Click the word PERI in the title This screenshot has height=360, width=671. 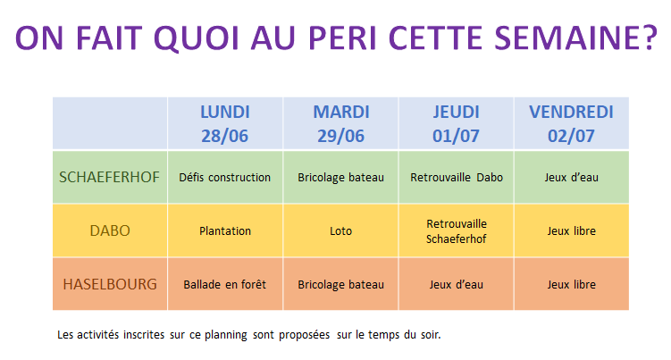click(342, 38)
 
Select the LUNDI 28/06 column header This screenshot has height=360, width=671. click(225, 123)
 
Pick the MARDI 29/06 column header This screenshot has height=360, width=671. click(341, 123)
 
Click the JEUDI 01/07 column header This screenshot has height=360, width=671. click(457, 123)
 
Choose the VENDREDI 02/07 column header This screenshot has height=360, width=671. click(571, 123)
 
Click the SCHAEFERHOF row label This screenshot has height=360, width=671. click(109, 177)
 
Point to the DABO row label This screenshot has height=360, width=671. click(110, 230)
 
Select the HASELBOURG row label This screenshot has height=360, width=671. click(110, 284)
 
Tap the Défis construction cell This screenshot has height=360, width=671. click(224, 177)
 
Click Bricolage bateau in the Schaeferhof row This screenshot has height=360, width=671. click(340, 177)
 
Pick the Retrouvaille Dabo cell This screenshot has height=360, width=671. click(457, 177)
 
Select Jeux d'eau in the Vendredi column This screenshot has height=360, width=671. click(571, 177)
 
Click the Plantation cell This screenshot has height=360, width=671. click(225, 230)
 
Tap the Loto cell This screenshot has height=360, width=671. click(341, 230)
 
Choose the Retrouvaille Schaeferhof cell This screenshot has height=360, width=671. click(457, 231)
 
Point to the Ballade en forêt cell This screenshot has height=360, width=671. click(224, 284)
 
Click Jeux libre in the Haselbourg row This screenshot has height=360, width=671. click(571, 284)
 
